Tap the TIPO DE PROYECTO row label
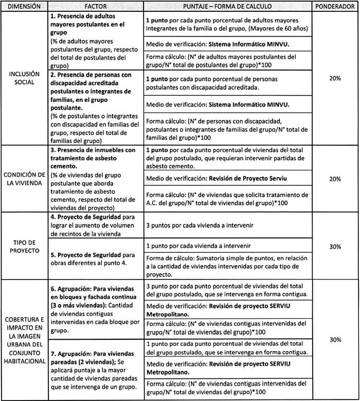pos(24,247)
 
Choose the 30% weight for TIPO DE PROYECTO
pos(336,247)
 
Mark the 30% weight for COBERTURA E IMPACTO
pos(336,339)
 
